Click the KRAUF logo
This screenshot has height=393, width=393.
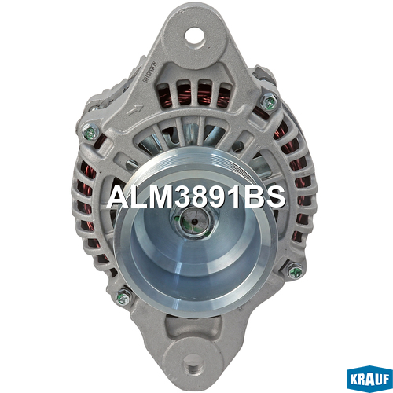pos(369,379)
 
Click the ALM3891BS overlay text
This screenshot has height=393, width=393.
pos(196,197)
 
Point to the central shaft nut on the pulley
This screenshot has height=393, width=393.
pos(194,222)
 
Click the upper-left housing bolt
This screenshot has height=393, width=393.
pos(90,133)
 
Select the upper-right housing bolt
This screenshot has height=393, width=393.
pos(270,102)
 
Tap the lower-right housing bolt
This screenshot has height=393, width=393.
pos(295,270)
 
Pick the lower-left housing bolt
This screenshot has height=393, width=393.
pos(123,296)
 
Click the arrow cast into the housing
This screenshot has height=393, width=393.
pos(134,109)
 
